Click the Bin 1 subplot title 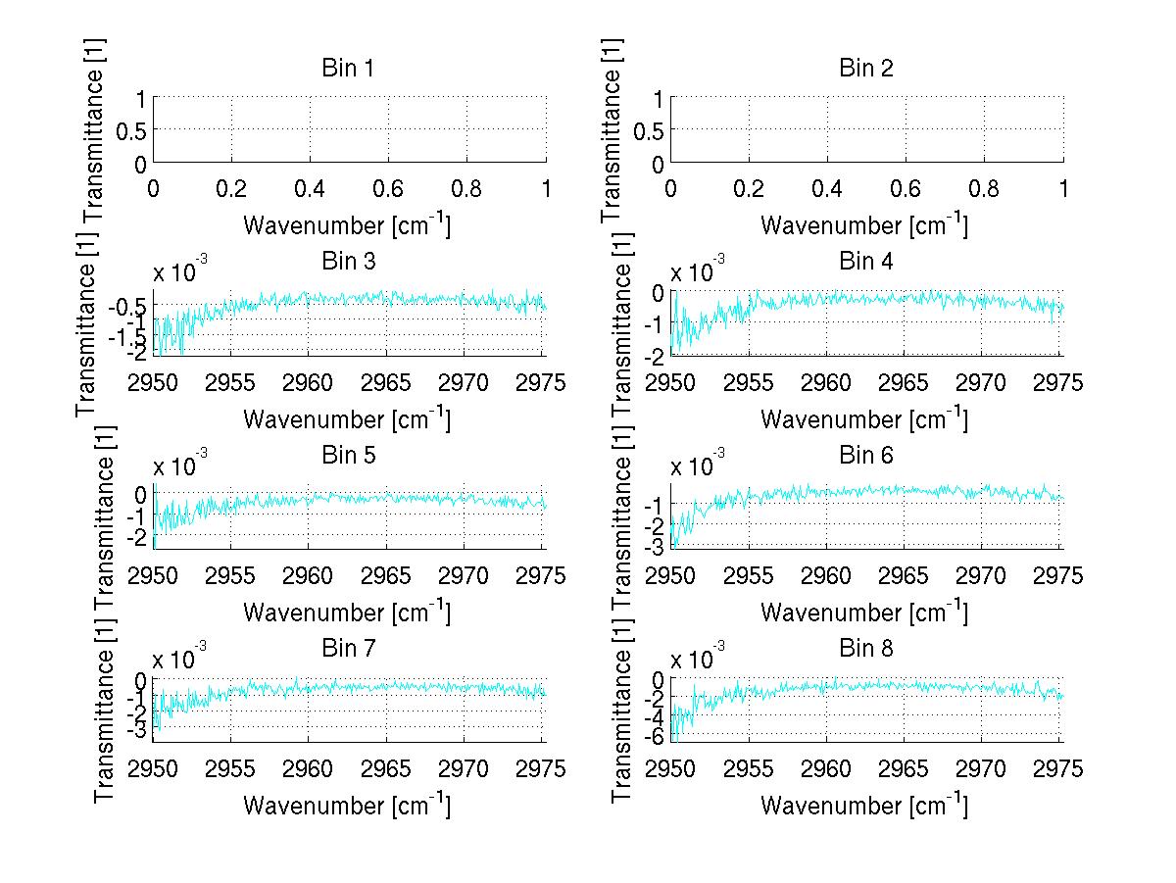[x=348, y=69]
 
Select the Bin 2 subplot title [x=865, y=69]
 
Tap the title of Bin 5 [x=348, y=456]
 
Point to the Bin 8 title [x=865, y=649]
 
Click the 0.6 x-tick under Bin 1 [x=388, y=187]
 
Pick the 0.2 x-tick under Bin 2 [x=749, y=187]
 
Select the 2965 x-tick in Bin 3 [x=387, y=381]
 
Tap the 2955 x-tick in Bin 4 [x=749, y=381]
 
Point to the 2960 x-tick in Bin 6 [x=827, y=574]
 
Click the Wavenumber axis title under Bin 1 [x=347, y=224]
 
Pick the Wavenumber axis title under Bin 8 [x=864, y=806]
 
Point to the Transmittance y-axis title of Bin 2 [x=612, y=129]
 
